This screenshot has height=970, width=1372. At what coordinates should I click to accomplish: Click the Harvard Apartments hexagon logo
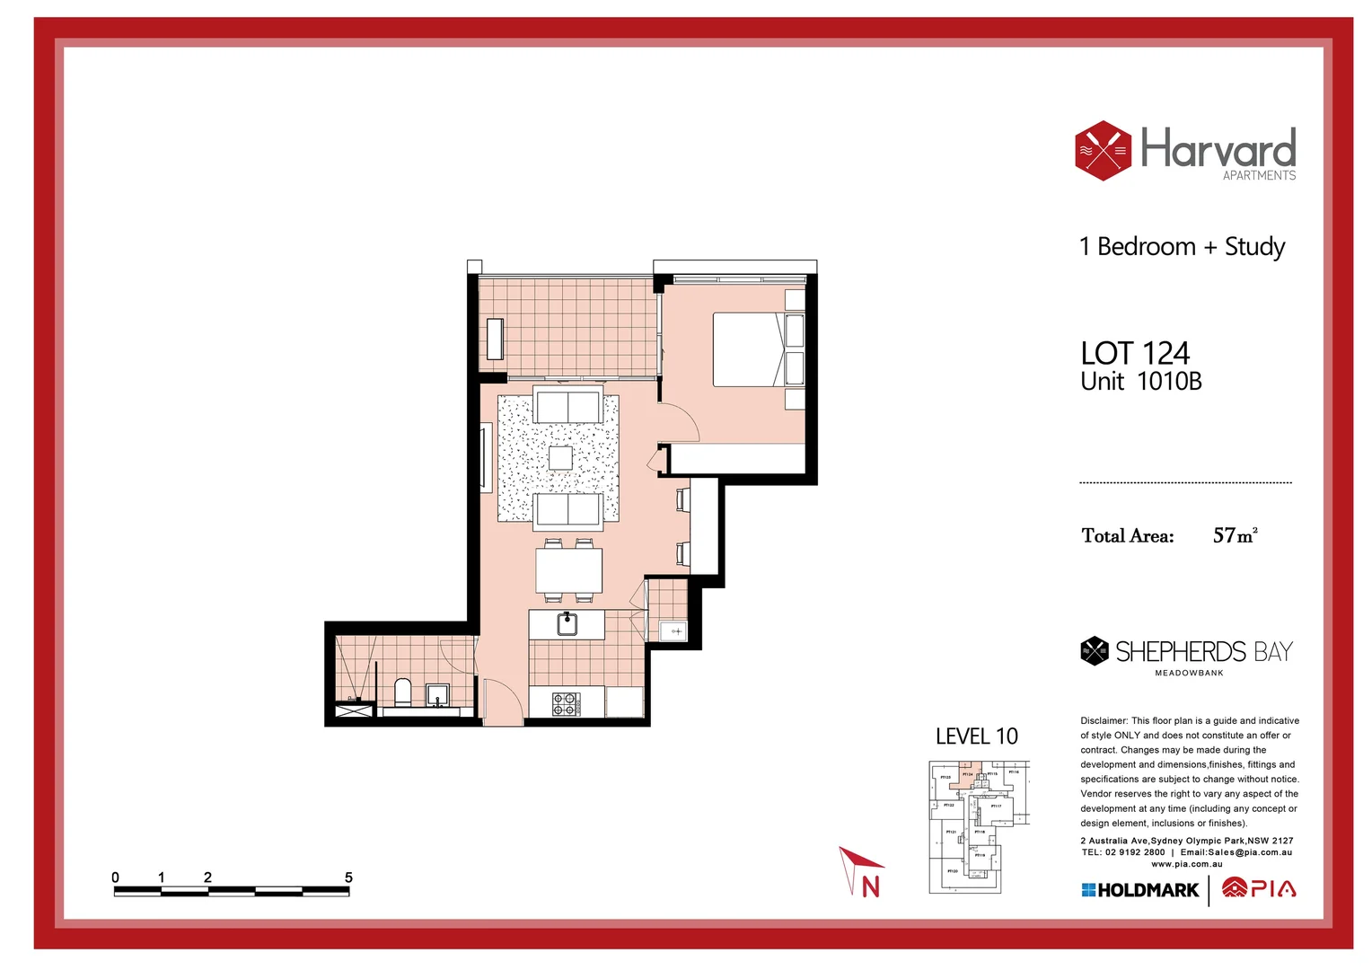1103,151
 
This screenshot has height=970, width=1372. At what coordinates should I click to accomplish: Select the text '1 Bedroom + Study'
1182,247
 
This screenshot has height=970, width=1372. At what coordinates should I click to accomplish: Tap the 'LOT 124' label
1135,353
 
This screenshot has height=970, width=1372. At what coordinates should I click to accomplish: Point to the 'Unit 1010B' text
1140,382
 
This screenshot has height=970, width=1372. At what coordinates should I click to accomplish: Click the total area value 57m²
1235,536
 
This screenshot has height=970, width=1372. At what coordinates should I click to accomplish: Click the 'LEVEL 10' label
976,736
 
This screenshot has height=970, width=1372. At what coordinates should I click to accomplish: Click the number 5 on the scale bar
348,877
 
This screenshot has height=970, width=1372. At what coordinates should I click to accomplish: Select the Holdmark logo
1140,890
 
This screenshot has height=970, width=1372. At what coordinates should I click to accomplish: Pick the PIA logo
1259,889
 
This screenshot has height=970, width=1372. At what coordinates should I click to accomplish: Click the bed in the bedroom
750,349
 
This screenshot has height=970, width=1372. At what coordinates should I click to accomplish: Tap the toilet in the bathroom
403,692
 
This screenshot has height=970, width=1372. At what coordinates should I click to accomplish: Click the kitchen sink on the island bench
567,623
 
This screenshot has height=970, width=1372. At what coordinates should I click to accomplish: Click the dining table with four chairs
568,570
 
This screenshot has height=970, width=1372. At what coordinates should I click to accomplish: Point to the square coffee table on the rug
560,458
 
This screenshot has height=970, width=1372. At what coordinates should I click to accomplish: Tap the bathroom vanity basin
437,694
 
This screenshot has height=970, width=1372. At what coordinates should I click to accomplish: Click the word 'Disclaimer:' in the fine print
1104,721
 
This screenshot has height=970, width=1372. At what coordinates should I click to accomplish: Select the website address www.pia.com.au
1186,864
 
